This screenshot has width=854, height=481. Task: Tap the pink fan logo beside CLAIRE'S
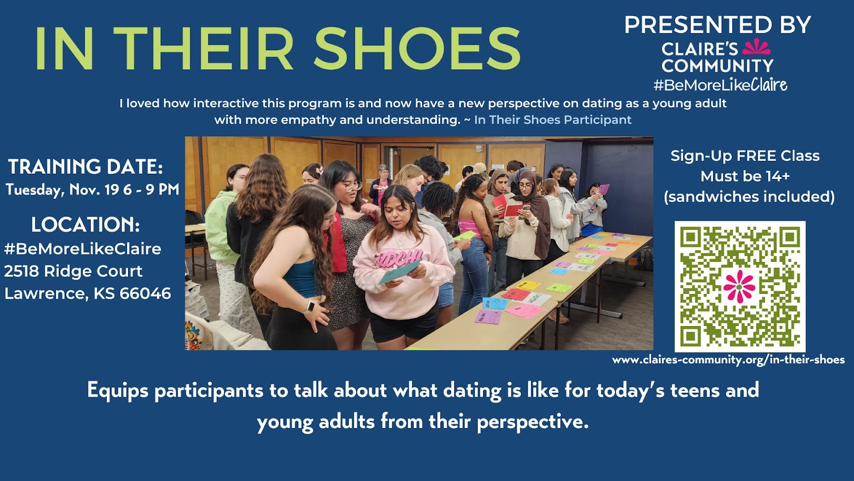756,47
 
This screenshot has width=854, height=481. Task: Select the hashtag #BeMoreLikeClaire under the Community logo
720,85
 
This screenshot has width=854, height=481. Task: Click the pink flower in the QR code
739,286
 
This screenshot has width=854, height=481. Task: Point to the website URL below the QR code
728,360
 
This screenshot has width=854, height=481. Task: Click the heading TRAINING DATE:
86,167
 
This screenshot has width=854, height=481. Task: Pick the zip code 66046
145,293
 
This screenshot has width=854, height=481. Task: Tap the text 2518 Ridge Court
73,271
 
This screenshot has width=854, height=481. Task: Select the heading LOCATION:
85,224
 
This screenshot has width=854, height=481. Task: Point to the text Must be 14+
745,176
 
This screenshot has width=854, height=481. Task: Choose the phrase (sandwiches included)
749,197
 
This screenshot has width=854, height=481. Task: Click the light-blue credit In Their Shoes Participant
553,120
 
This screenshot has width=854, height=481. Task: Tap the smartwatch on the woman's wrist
310,307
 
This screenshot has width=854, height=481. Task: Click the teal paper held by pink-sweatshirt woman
399,271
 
